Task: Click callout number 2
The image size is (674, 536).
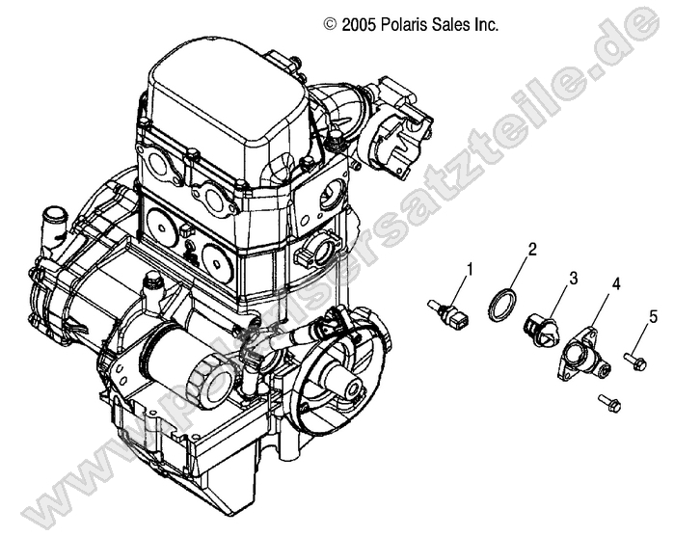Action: click(x=530, y=250)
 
